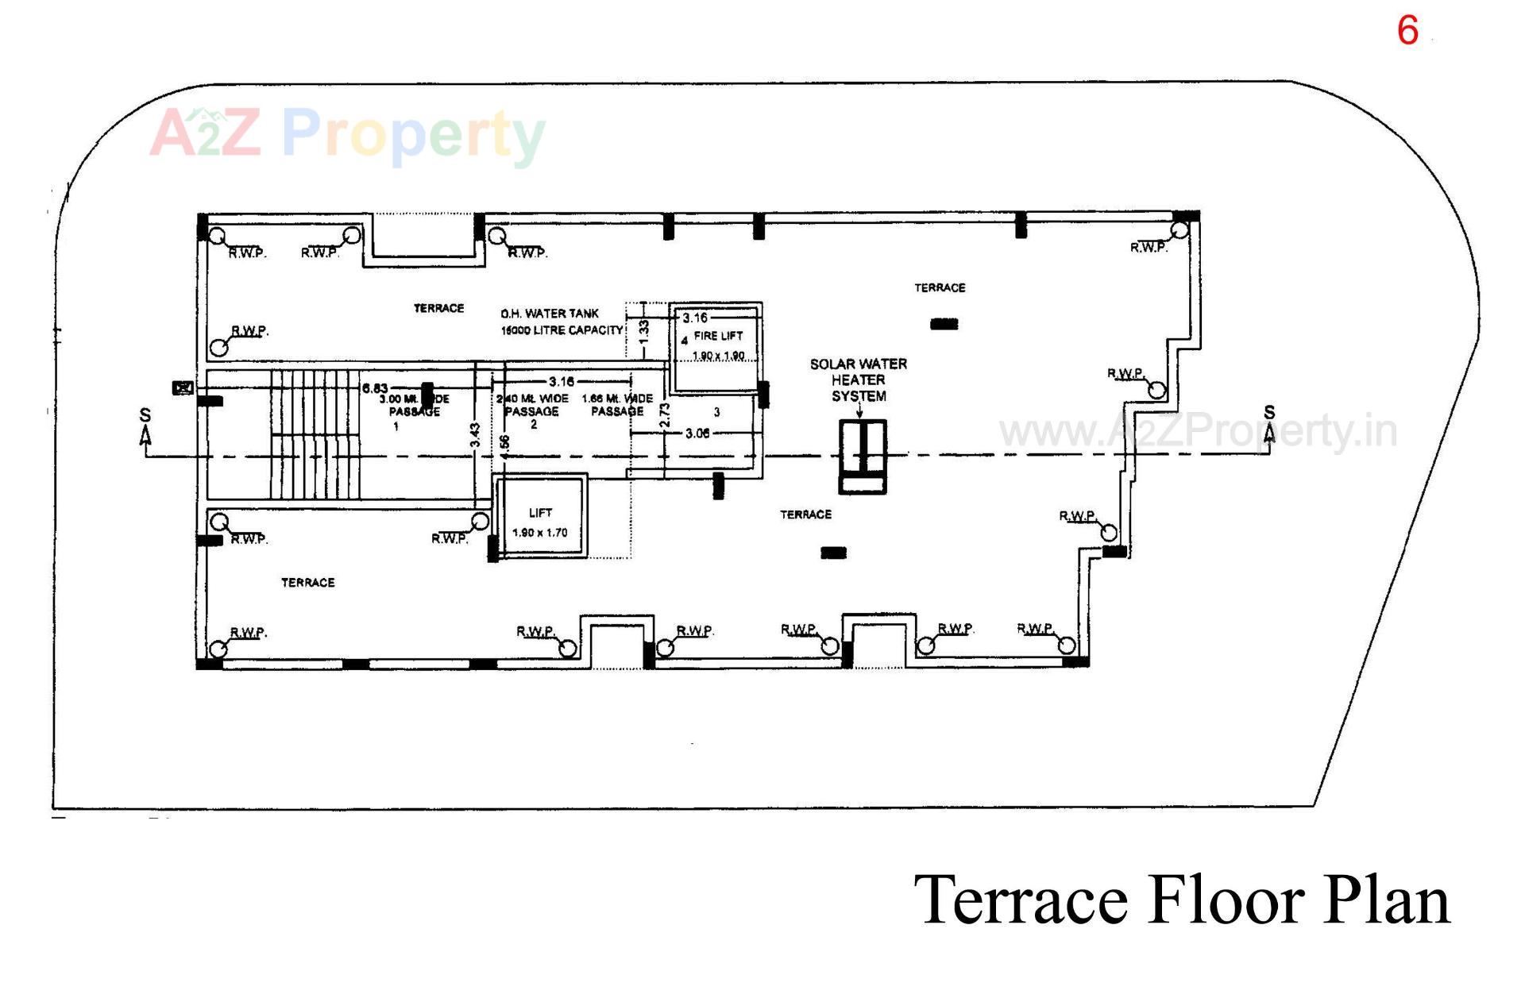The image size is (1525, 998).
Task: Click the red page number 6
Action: pos(1407,31)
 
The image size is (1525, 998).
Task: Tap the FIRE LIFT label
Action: pos(718,336)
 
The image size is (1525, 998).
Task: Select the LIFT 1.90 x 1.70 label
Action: pos(540,522)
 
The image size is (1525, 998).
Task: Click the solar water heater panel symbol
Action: pos(863,457)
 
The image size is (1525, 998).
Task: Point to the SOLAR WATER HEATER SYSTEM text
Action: pos(859,380)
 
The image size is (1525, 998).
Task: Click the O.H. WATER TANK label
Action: pos(550,314)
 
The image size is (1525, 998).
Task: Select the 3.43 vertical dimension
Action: pos(475,435)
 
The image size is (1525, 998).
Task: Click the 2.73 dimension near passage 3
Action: pos(666,414)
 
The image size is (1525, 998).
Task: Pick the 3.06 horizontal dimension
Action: pos(697,433)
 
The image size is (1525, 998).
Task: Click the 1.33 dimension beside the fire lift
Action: pos(644,330)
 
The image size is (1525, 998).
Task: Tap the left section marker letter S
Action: pos(145,415)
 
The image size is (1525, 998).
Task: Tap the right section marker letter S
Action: pos(1269,413)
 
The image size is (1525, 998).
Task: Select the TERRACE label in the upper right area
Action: pos(940,287)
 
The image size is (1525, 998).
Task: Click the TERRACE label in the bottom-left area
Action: pos(307,583)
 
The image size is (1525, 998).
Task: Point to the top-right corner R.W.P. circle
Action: pos(1179,230)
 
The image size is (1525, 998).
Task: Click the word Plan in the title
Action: pos(1385,900)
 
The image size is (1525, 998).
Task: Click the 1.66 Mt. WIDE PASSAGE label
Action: pos(617,404)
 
